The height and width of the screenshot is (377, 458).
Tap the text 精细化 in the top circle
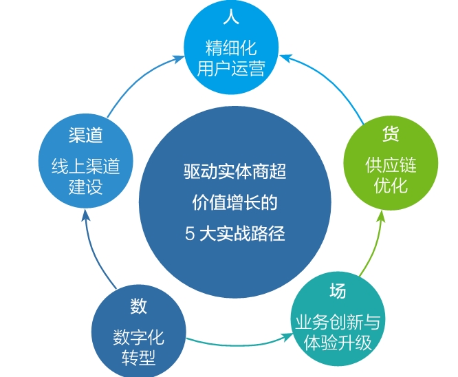click(x=231, y=49)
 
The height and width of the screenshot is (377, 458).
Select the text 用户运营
click(x=231, y=69)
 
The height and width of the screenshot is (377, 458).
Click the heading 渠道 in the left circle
click(x=86, y=136)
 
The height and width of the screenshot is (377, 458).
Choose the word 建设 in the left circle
click(x=86, y=187)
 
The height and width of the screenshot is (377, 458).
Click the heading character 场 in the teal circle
click(x=337, y=291)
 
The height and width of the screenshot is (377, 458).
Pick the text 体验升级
click(x=337, y=343)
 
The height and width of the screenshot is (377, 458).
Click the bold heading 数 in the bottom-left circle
click(x=138, y=306)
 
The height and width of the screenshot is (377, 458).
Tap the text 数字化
click(x=138, y=338)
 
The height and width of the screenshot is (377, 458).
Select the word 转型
click(x=138, y=358)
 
